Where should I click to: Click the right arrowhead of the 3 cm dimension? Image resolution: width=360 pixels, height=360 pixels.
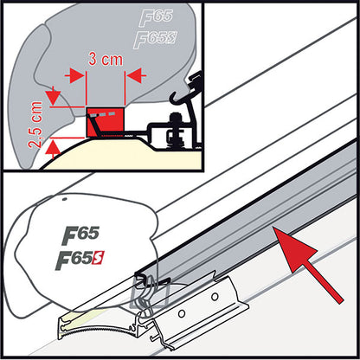click(x=131, y=75)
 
